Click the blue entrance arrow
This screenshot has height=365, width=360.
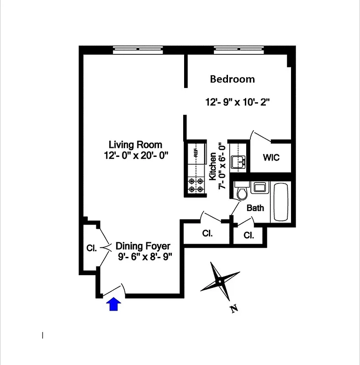(x=114, y=304)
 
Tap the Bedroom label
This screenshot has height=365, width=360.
(x=232, y=79)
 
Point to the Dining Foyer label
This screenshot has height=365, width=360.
(x=143, y=246)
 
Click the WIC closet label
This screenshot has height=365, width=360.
(x=270, y=158)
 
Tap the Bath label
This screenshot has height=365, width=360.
(x=255, y=208)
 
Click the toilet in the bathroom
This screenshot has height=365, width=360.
(x=242, y=192)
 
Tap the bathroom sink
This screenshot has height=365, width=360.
(x=259, y=188)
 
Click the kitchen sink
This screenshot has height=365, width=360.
(x=239, y=162)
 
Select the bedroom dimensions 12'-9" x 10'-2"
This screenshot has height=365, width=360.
(x=238, y=102)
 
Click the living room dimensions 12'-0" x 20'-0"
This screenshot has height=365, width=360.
(x=136, y=155)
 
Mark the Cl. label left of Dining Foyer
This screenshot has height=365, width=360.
(x=91, y=249)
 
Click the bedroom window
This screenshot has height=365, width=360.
(x=238, y=49)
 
